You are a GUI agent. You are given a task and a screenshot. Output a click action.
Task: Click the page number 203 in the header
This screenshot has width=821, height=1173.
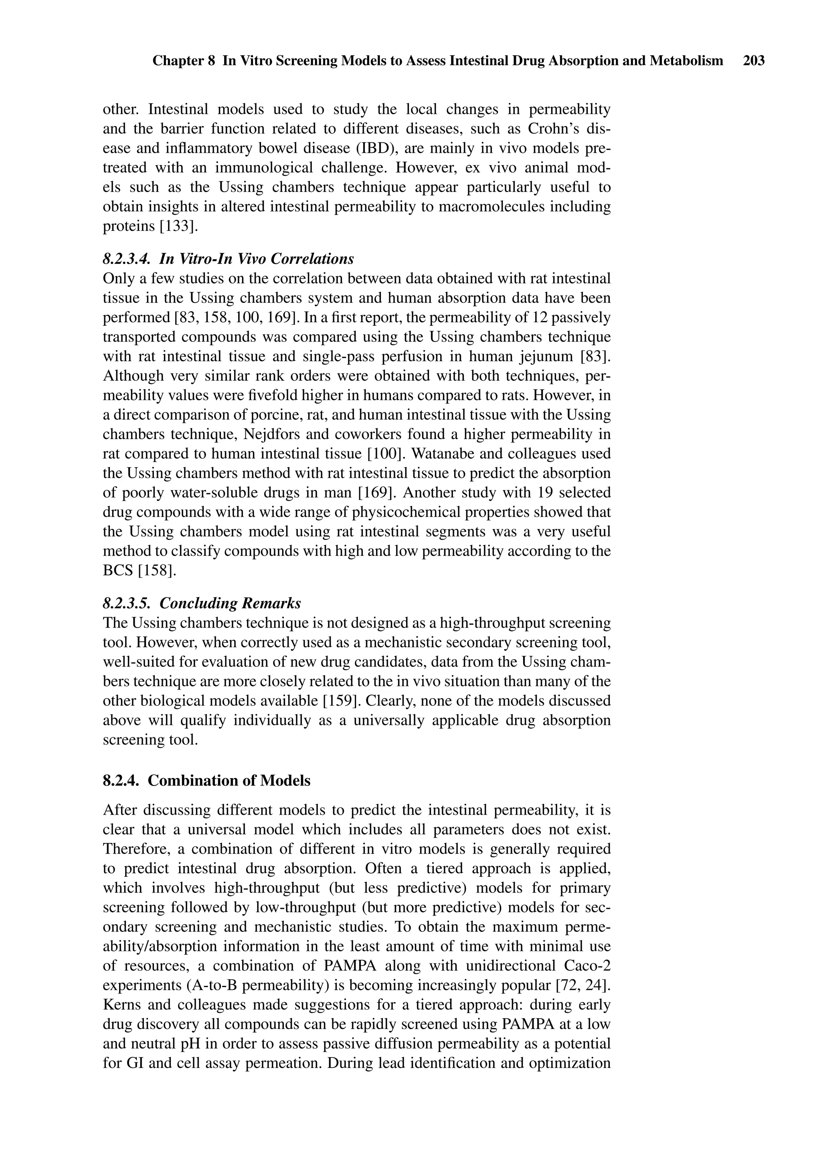[754, 61]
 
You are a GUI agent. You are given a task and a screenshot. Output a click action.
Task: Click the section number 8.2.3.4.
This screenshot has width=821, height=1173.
[126, 259]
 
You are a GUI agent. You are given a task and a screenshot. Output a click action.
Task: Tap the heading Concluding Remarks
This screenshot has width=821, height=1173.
[230, 604]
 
